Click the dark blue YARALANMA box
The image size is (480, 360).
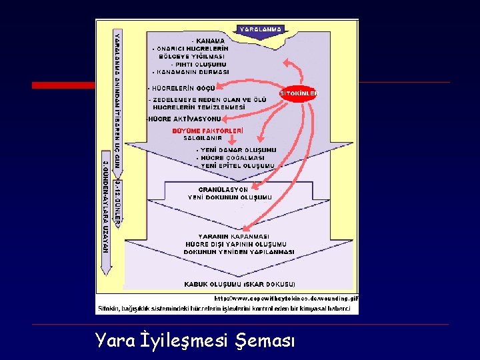click(x=261, y=29)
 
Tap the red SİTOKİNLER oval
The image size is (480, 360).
click(x=298, y=94)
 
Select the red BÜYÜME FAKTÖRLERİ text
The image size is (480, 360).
click(x=207, y=131)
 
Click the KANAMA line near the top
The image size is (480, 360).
click(x=208, y=41)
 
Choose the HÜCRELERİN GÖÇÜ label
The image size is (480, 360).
click(x=180, y=88)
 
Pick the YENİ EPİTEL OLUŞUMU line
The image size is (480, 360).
click(x=237, y=166)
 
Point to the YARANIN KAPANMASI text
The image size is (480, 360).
click(x=234, y=237)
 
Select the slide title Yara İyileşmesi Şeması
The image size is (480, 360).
click(x=194, y=341)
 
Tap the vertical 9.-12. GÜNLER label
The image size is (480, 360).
click(x=117, y=199)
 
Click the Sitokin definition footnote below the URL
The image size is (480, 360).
click(x=227, y=308)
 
